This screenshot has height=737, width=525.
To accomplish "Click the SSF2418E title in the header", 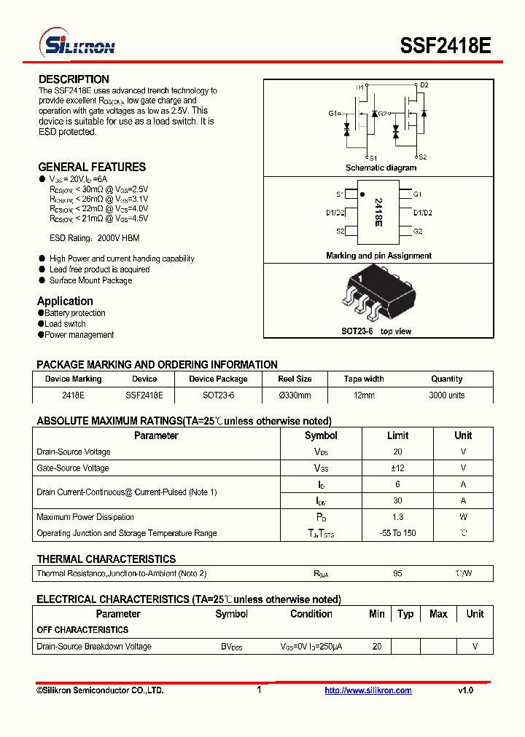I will [x=445, y=46].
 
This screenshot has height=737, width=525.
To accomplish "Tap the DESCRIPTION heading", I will [x=74, y=79].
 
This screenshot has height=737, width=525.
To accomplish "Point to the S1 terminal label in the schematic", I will [x=373, y=158].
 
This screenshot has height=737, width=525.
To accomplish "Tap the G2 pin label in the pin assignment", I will [x=418, y=231].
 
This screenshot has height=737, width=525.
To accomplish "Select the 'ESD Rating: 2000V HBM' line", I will [x=94, y=238].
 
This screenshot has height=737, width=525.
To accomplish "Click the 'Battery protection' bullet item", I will [x=74, y=313].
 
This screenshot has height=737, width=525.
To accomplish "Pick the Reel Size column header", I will [x=295, y=379].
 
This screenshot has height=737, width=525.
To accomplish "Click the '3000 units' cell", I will [x=446, y=395].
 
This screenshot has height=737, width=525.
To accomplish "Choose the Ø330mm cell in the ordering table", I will [x=295, y=395].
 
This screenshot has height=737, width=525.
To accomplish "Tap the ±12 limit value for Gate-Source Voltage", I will [x=397, y=468].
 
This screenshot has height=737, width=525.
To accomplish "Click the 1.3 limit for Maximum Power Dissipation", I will [x=397, y=517].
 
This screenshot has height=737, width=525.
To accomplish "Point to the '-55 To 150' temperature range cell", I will [x=397, y=533].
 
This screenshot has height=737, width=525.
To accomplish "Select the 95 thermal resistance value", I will [x=397, y=574].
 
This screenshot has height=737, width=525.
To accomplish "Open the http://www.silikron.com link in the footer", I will [x=368, y=690].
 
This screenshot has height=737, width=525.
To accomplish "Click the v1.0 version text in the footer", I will [x=465, y=690].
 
